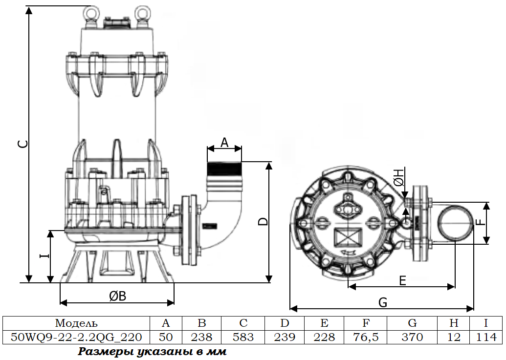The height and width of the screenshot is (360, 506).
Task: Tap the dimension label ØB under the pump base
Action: (118, 296)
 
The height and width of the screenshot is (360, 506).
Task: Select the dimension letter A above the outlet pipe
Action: (224, 142)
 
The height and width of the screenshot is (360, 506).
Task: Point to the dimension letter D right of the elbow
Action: (264, 221)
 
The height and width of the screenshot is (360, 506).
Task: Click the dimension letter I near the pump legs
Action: (43, 255)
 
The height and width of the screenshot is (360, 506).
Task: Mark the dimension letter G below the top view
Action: (383, 302)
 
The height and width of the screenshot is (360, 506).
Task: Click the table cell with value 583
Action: (243, 337)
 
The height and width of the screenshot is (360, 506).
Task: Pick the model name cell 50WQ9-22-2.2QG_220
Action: (76, 337)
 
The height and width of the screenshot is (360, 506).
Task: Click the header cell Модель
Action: (76, 323)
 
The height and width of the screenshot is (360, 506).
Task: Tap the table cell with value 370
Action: (412, 337)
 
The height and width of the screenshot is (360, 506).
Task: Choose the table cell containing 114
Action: (486, 337)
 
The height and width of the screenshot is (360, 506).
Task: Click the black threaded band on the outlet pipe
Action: (224, 170)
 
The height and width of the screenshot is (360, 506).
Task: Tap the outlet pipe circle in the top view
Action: (455, 222)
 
